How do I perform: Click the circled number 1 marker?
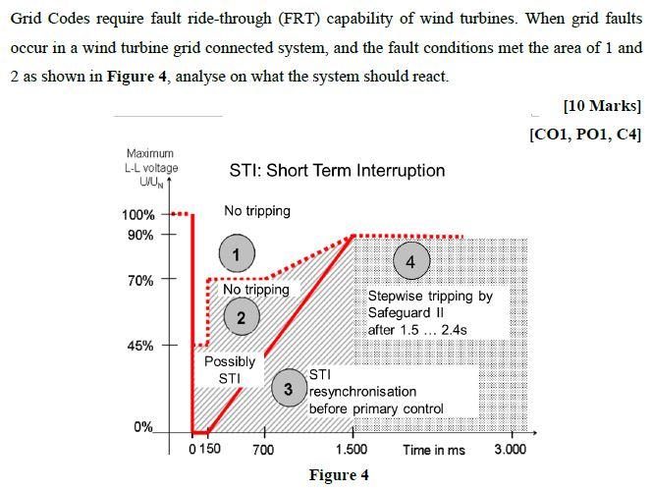pyautogui.click(x=236, y=253)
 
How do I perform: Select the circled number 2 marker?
pyautogui.click(x=241, y=316)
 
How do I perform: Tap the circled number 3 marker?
pyautogui.click(x=288, y=389)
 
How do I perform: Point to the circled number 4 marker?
pyautogui.click(x=410, y=261)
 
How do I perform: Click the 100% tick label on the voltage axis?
pyautogui.click(x=138, y=215)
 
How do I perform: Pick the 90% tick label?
pyautogui.click(x=141, y=236)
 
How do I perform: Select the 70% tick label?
pyautogui.click(x=141, y=281)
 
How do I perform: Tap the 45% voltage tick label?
pyautogui.click(x=141, y=346)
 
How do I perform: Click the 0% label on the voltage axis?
pyautogui.click(x=143, y=427)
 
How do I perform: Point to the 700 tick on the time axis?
pyautogui.click(x=263, y=450)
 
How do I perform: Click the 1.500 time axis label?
pyautogui.click(x=352, y=450)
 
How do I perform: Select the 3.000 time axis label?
pyautogui.click(x=510, y=450)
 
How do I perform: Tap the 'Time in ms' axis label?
pyautogui.click(x=434, y=450)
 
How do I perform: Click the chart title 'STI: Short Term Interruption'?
pyautogui.click(x=337, y=171)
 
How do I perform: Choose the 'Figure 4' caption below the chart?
pyautogui.click(x=339, y=475)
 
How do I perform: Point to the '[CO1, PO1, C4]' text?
pyautogui.click(x=585, y=134)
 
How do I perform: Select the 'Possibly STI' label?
pyautogui.click(x=229, y=369)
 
